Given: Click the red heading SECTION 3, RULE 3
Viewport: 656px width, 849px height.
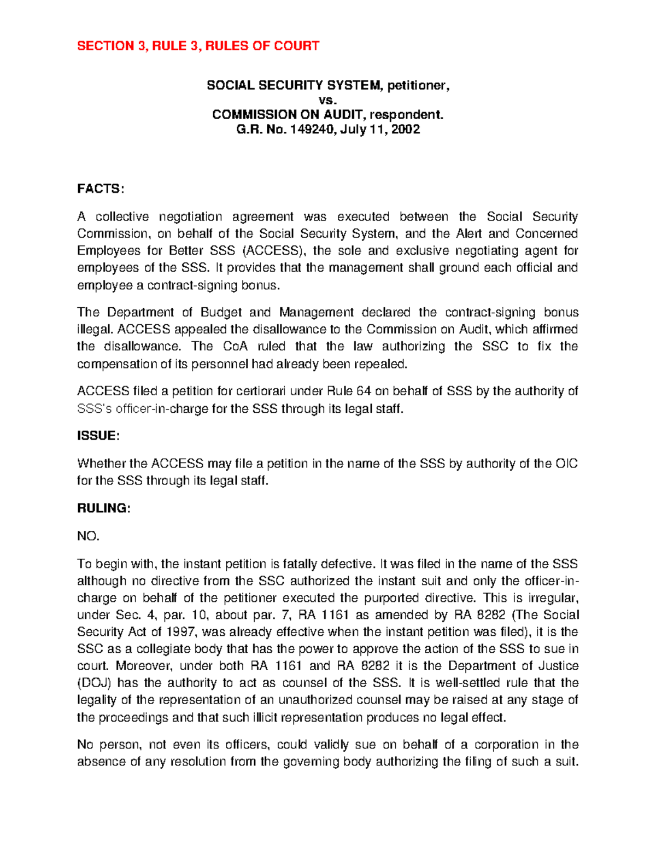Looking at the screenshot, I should [198, 46].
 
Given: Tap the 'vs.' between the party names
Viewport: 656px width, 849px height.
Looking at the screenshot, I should [328, 100].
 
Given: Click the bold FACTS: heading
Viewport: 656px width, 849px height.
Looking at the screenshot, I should [101, 189].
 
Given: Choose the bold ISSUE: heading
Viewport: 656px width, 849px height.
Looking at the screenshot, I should [98, 436].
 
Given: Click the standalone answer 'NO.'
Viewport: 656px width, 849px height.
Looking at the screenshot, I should [89, 536].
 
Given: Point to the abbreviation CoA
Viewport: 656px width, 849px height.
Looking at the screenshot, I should [236, 347].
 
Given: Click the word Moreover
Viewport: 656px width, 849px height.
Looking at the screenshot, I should [145, 666].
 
